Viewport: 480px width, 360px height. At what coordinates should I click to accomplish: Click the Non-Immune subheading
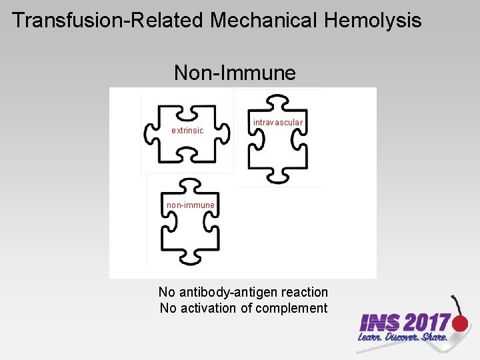click(x=235, y=72)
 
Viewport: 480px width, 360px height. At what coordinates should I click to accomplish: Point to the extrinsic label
click(x=187, y=131)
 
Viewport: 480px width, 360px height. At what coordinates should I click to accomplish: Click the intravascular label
click(x=278, y=123)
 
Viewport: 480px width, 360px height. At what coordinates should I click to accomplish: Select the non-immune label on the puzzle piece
click(x=191, y=205)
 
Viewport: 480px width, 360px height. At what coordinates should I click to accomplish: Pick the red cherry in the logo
click(x=459, y=324)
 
